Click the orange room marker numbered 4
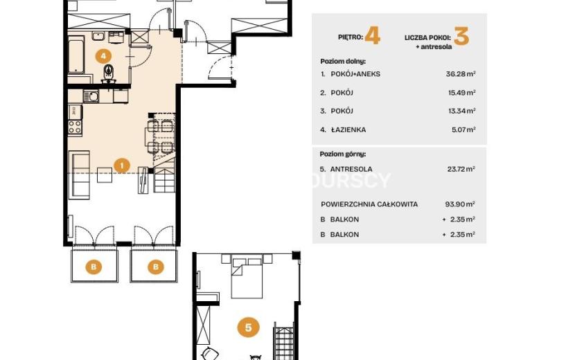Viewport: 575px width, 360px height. pyautogui.click(x=103, y=56)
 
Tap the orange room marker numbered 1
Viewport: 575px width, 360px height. pyautogui.click(x=122, y=165)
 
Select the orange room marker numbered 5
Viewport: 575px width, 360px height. pyautogui.click(x=248, y=327)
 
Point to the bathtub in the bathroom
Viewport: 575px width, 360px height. pyautogui.click(x=76, y=55)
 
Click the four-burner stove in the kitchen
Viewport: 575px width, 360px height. pyautogui.click(x=75, y=127)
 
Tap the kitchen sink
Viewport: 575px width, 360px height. pyautogui.click(x=91, y=97)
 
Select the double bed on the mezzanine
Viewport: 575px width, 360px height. pyautogui.click(x=247, y=278)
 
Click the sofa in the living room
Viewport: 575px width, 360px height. pyautogui.click(x=79, y=175)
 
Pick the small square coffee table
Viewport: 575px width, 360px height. pyautogui.click(x=105, y=175)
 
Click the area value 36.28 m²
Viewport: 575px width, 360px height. pyautogui.click(x=461, y=73)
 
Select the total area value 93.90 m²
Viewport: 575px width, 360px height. pyautogui.click(x=460, y=204)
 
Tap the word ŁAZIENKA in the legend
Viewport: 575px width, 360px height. pyautogui.click(x=348, y=129)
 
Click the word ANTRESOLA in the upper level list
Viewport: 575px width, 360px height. pyautogui.click(x=351, y=169)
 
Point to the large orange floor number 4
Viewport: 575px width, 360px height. pyautogui.click(x=373, y=37)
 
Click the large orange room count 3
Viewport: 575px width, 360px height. pyautogui.click(x=461, y=37)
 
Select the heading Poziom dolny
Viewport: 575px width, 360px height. pyautogui.click(x=343, y=61)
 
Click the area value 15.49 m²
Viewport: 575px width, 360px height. pyautogui.click(x=461, y=93)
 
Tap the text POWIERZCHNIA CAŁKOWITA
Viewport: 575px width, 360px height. pyautogui.click(x=369, y=204)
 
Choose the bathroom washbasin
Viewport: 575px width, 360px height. pyautogui.click(x=98, y=36)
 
